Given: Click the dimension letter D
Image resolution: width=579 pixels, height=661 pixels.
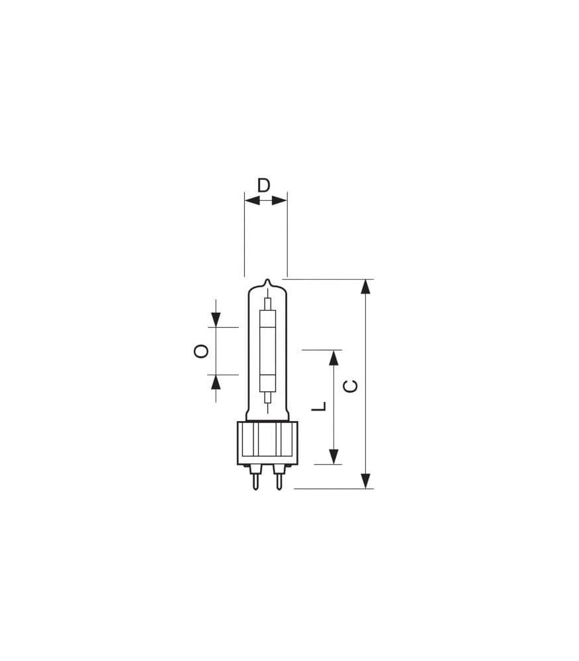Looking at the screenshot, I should point(263,185).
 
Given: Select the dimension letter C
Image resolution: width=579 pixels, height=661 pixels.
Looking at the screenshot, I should point(351,386).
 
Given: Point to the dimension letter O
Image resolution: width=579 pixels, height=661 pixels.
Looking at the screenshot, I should point(201,351).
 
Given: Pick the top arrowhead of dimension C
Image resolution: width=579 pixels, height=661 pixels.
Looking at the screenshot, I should point(365,287).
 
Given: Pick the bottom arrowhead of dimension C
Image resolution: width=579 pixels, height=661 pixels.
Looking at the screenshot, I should point(365,481).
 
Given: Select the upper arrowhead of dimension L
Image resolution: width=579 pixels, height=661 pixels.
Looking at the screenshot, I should point(334,358).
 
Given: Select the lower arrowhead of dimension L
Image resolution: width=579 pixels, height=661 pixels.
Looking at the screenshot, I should point(334,456).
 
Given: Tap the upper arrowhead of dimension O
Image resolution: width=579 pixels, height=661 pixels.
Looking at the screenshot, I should point(216,319).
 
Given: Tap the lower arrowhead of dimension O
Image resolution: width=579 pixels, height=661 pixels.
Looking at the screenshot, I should point(216,382).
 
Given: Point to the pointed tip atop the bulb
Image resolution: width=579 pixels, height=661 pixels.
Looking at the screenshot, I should point(267,282).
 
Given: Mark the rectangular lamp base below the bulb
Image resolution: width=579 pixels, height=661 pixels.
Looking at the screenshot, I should point(267,442).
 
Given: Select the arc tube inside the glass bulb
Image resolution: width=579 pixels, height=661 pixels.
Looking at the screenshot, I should point(267,350).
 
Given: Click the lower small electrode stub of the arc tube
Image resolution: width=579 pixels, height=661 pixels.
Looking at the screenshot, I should point(267,397).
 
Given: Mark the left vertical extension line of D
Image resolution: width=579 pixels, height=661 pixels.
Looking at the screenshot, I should point(244,238).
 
